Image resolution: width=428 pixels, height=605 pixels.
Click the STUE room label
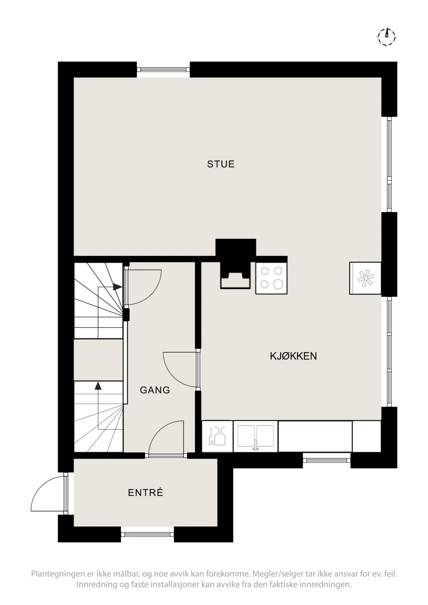point(221,164)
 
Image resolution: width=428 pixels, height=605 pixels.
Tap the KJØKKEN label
point(293,356)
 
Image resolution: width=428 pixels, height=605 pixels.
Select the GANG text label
point(155,390)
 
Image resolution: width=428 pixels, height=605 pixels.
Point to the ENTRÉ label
point(146,492)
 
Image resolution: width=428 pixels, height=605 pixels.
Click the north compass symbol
point(387,35)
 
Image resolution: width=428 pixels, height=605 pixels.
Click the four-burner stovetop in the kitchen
point(271,278)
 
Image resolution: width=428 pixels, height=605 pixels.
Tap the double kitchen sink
point(256,436)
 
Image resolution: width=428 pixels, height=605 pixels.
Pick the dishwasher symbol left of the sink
point(217,436)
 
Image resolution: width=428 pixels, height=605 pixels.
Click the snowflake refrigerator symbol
point(365,278)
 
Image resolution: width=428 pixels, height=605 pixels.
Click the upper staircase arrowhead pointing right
point(117,287)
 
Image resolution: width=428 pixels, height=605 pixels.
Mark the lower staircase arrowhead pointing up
point(98,386)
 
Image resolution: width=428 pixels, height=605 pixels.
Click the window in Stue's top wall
point(163,70)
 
